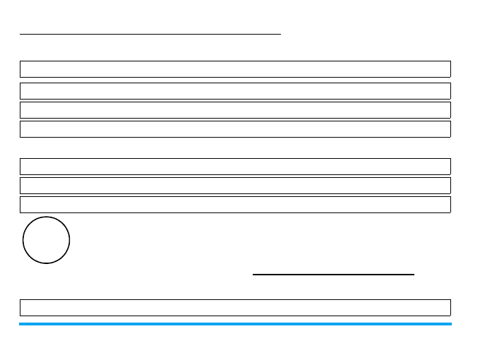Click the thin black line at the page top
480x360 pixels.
(x=150, y=32)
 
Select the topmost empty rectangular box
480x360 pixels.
(x=235, y=68)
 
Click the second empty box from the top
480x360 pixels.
(x=235, y=90)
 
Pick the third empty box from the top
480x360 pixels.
(x=235, y=109)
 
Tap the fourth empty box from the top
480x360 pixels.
(x=235, y=128)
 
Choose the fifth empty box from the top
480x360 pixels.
(x=235, y=166)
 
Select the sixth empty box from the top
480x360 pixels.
(x=235, y=185)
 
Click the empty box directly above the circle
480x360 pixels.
(x=235, y=204)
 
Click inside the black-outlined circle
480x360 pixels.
(x=47, y=240)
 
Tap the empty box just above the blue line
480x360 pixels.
(x=235, y=307)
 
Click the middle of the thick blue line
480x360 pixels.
(x=235, y=324)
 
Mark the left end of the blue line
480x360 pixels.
(x=20, y=324)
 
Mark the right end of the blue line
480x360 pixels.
(x=450, y=324)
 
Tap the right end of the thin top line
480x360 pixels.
(x=280, y=32)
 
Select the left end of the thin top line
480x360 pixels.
(x=20, y=32)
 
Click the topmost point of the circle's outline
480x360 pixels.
(x=47, y=217)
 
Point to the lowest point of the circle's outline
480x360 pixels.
(x=47, y=263)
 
